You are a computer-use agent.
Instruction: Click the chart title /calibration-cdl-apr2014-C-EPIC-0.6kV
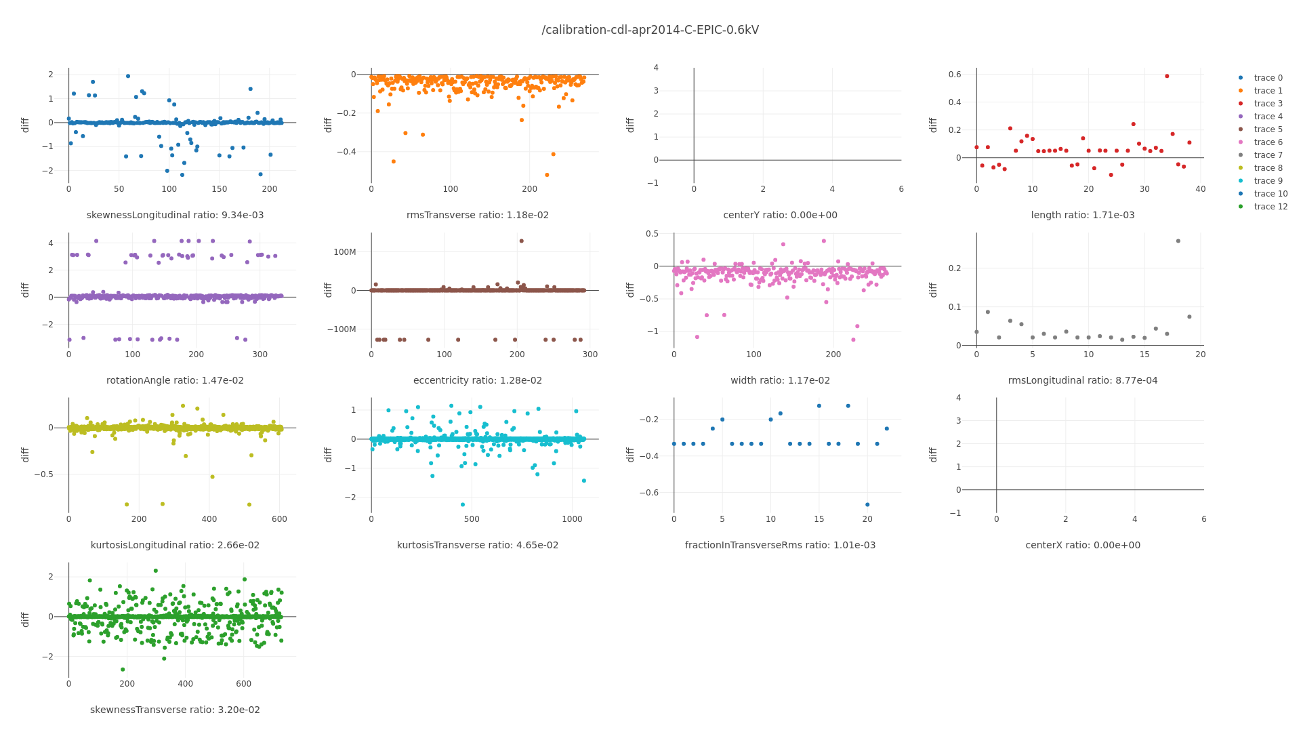click(x=650, y=30)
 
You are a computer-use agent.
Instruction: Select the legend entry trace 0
click(x=1268, y=78)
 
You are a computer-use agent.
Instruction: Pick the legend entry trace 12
click(x=1271, y=207)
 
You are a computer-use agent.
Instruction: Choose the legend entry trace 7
click(x=1268, y=155)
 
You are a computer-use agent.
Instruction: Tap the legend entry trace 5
click(x=1268, y=129)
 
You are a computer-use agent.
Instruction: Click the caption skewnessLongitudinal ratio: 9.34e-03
click(x=175, y=215)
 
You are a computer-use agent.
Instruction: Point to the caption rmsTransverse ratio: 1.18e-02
click(x=478, y=215)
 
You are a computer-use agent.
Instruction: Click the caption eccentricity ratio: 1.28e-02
click(x=478, y=380)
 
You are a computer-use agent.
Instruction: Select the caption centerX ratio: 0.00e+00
click(x=1083, y=545)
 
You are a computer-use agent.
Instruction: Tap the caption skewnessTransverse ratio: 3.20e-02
click(x=175, y=710)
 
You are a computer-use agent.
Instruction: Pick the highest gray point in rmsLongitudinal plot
click(x=1178, y=241)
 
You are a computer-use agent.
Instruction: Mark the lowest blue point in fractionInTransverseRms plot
click(x=867, y=504)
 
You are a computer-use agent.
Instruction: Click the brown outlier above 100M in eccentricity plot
click(x=521, y=241)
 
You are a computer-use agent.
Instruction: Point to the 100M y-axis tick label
click(x=345, y=252)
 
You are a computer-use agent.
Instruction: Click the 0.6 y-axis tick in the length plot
click(x=955, y=75)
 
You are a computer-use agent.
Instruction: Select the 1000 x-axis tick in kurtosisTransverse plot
click(x=572, y=519)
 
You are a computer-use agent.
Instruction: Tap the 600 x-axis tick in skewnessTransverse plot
click(x=244, y=684)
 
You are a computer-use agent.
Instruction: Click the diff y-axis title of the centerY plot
click(x=630, y=125)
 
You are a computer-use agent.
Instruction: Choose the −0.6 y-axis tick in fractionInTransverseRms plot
click(x=649, y=493)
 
